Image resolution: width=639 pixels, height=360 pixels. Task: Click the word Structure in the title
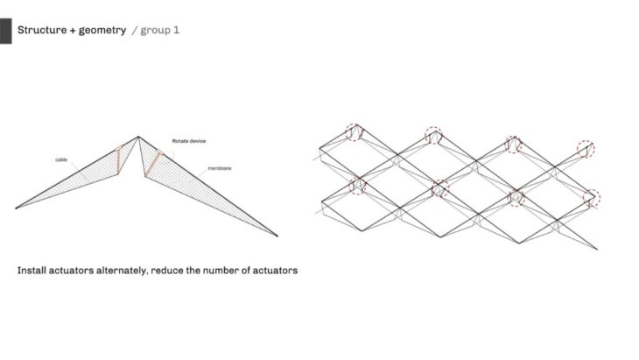[44, 30]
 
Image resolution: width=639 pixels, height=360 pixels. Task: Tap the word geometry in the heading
[101, 30]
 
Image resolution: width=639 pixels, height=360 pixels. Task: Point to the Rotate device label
[188, 140]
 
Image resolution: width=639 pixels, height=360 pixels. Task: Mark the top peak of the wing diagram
[138, 136]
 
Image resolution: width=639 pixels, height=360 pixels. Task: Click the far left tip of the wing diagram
[16, 208]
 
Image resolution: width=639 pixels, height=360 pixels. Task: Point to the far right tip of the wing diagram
[277, 236]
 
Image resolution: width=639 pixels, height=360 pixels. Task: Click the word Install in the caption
[33, 271]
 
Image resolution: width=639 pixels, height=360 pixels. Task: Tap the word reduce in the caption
[167, 271]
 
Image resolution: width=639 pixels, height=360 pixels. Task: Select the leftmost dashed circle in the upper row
[354, 132]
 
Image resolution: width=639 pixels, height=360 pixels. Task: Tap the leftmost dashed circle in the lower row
[357, 185]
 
